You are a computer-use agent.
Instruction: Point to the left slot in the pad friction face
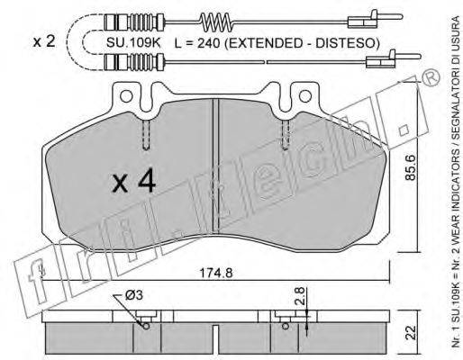[x=145, y=135]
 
